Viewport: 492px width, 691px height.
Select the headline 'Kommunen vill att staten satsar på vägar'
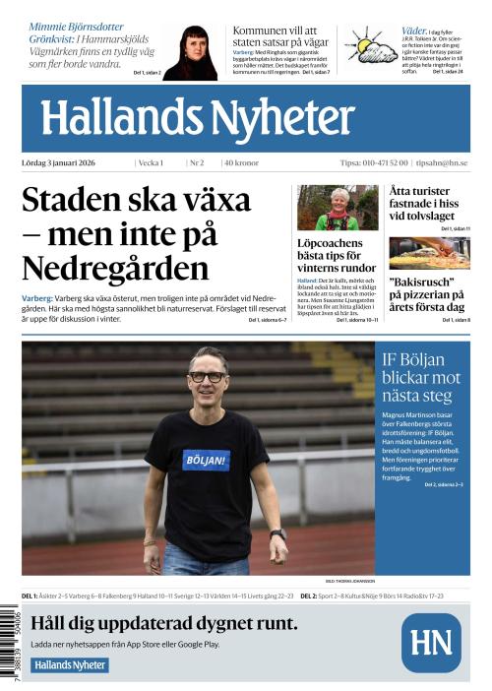click(280, 37)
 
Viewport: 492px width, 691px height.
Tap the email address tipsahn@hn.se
click(442, 163)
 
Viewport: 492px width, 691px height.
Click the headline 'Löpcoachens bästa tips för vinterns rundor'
click(336, 254)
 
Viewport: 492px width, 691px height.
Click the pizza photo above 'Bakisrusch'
click(429, 253)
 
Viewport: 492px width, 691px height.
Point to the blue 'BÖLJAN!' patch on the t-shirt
click(205, 459)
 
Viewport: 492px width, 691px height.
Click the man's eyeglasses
click(207, 376)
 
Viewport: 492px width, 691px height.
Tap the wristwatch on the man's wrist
click(278, 534)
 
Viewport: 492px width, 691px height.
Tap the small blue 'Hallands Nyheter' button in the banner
click(70, 664)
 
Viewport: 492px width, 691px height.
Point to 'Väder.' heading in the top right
click(414, 31)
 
